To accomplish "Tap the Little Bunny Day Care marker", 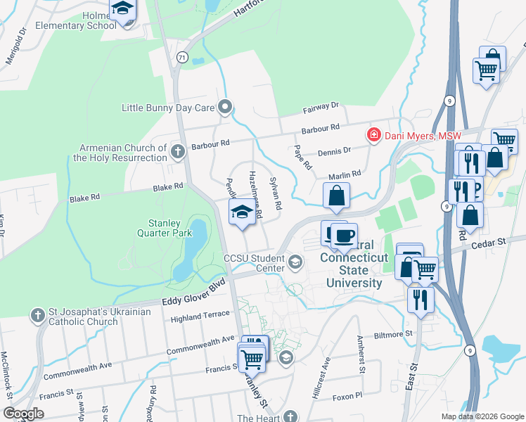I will point(225,108).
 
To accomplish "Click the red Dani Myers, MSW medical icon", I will point(374,135).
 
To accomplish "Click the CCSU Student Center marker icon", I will point(295,262).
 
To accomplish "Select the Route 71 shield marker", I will point(182,58).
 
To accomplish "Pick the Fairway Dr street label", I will point(321,107).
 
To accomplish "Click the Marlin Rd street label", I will point(344,174).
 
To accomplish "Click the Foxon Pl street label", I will point(347,396).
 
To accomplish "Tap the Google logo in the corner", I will point(23,413).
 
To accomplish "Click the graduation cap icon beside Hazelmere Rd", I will point(243,210).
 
